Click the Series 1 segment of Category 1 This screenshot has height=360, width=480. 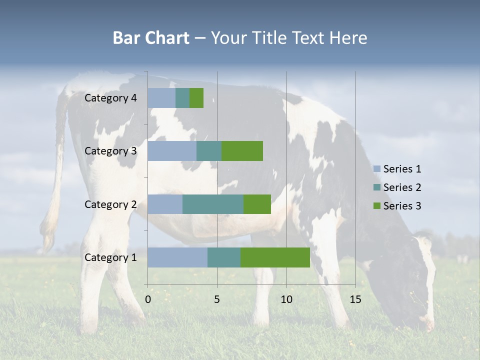(177, 257)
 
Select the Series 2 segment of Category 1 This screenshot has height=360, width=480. (224, 257)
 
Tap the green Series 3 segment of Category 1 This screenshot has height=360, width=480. (275, 257)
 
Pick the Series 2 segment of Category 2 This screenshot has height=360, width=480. (213, 204)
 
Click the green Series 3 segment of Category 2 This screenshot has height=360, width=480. (257, 204)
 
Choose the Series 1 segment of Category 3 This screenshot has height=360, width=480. (172, 151)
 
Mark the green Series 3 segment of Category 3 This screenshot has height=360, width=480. (242, 151)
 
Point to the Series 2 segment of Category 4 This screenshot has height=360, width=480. (182, 98)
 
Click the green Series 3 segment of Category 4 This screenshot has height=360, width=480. (196, 98)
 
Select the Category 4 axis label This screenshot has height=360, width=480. (110, 98)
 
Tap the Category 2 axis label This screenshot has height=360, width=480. (110, 204)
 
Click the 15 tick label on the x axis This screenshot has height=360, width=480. (355, 299)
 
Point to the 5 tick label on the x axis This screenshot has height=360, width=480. (217, 299)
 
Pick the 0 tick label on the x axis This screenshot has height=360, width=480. (148, 299)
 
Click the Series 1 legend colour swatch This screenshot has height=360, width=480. (376, 169)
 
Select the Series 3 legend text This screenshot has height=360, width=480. (402, 206)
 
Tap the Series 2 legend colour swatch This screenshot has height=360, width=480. (376, 187)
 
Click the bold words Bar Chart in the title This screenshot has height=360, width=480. (151, 38)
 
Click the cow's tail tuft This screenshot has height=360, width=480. (48, 235)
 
